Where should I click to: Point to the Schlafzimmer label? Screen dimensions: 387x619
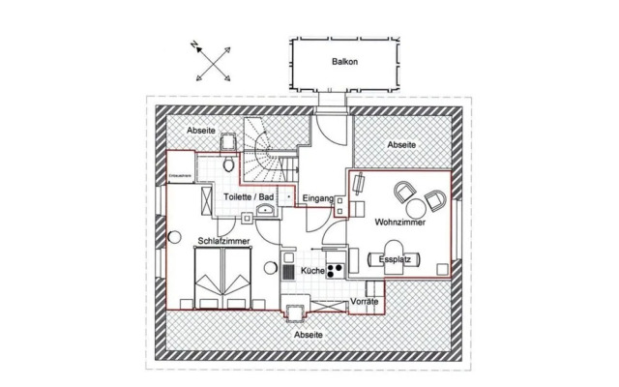pyautogui.click(x=225, y=238)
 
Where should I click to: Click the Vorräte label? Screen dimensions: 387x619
pyautogui.click(x=365, y=303)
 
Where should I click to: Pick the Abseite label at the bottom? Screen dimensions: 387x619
pyautogui.click(x=309, y=334)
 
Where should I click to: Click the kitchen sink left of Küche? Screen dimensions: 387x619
pyautogui.click(x=288, y=271)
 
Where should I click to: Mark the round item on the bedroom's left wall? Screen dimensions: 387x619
pyautogui.click(x=174, y=237)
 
